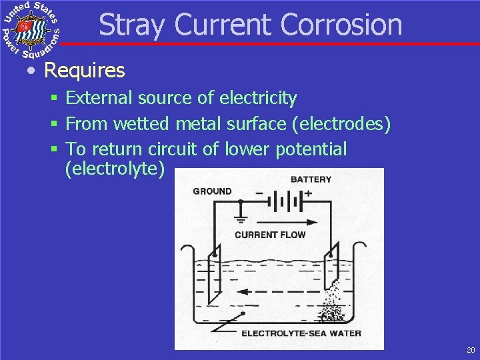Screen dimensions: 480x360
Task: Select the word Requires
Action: click(x=84, y=70)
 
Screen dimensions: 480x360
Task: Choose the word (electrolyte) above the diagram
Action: click(x=114, y=168)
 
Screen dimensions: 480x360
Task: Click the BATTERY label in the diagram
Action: click(x=311, y=179)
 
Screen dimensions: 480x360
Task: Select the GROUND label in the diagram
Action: click(x=212, y=191)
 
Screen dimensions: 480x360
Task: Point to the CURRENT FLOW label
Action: click(x=270, y=235)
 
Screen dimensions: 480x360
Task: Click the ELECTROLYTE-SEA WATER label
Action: click(x=301, y=333)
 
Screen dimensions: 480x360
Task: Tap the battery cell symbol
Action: click(x=289, y=201)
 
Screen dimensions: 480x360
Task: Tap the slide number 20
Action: click(x=471, y=350)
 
